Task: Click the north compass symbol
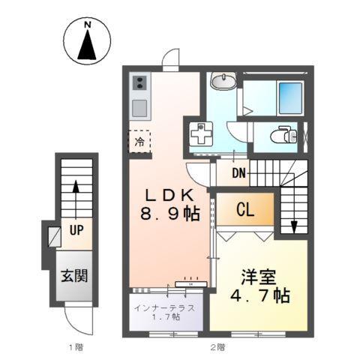88,44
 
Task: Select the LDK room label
170,195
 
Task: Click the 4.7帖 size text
260,295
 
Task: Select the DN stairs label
238,175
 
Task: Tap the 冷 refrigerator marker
139,140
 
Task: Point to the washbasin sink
223,82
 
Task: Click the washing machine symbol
201,136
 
